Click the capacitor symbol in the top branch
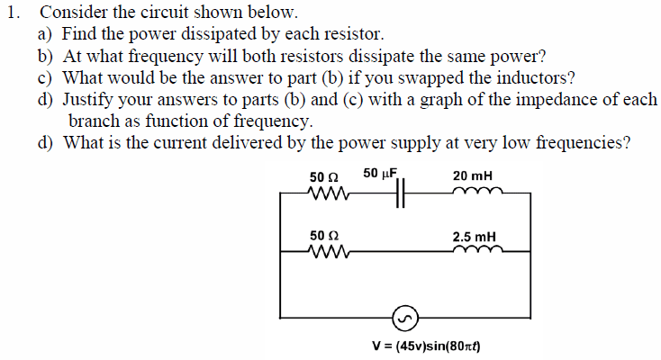[400, 193]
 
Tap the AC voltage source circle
[405, 319]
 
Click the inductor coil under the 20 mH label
[477, 191]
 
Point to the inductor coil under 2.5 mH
[477, 249]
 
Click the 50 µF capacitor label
[380, 174]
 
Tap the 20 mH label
[473, 175]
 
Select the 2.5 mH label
[475, 237]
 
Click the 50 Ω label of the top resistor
[324, 176]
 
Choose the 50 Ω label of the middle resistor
[324, 235]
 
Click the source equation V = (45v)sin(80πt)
[426, 346]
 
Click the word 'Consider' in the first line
[73, 13]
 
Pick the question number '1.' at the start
[14, 13]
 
